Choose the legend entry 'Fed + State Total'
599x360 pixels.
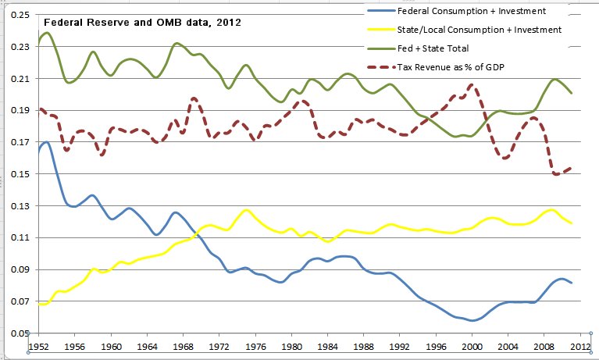click(436, 48)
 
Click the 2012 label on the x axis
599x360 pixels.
click(580, 345)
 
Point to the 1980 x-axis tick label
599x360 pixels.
click(291, 345)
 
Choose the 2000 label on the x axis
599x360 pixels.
click(472, 345)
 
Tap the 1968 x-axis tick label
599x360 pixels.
click(184, 345)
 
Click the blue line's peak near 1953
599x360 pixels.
click(46, 142)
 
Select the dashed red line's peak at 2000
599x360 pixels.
click(472, 84)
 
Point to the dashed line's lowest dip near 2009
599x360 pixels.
click(557, 175)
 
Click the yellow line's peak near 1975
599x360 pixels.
click(247, 209)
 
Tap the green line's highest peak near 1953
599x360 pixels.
click(47, 33)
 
